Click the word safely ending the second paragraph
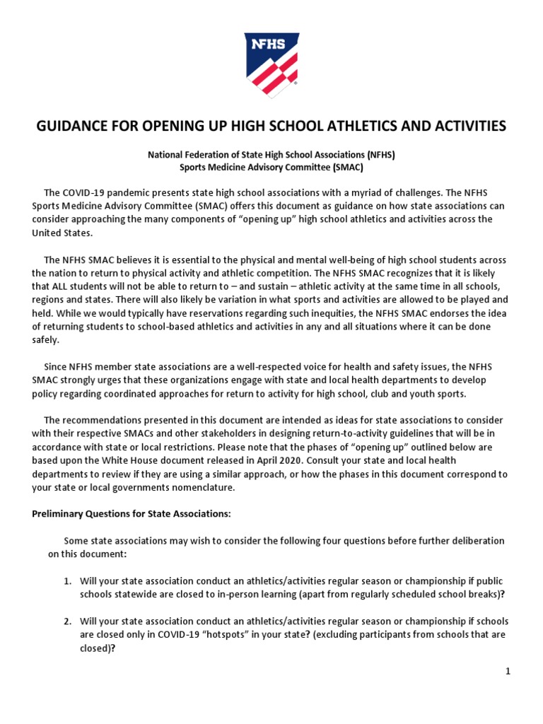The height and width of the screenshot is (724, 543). tap(47, 340)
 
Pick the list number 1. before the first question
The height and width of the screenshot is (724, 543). tap(67, 581)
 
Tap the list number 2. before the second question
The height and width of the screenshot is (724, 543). tap(67, 621)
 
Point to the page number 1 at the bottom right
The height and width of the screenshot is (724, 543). tap(508, 672)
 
